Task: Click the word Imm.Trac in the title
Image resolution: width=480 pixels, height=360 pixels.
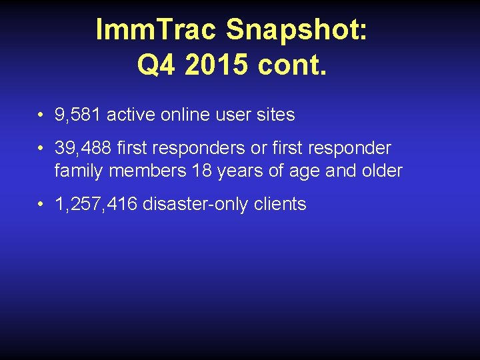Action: pos(157,31)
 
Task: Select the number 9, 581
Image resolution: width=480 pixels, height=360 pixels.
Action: pos(78,115)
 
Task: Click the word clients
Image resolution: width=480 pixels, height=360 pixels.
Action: pos(280,205)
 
